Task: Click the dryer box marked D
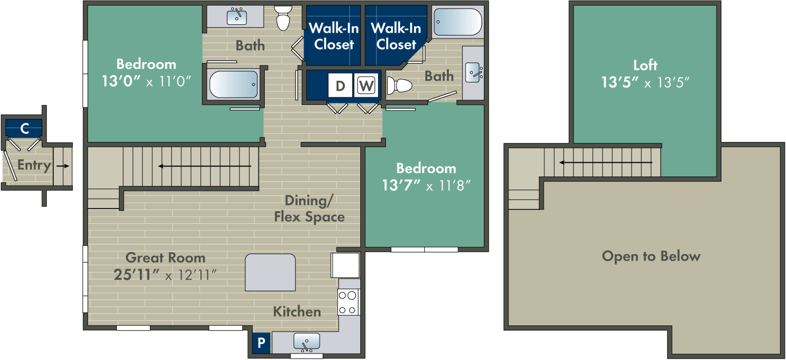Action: [x=340, y=86]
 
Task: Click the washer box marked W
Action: [x=366, y=86]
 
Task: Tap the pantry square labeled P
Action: [x=261, y=342]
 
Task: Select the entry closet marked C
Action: [x=24, y=128]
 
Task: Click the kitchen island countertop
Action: [x=270, y=272]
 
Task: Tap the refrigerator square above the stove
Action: [x=346, y=265]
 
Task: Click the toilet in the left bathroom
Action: [x=283, y=18]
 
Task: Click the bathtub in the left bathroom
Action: [x=234, y=84]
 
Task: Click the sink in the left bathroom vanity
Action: [x=237, y=17]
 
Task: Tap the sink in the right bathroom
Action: [x=473, y=72]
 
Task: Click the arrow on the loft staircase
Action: [x=606, y=163]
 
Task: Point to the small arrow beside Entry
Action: [x=63, y=166]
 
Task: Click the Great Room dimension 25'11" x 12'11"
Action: [x=165, y=275]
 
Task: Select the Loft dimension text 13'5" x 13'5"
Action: [x=645, y=82]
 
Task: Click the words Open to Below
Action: [x=651, y=256]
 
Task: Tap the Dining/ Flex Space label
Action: [x=309, y=208]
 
